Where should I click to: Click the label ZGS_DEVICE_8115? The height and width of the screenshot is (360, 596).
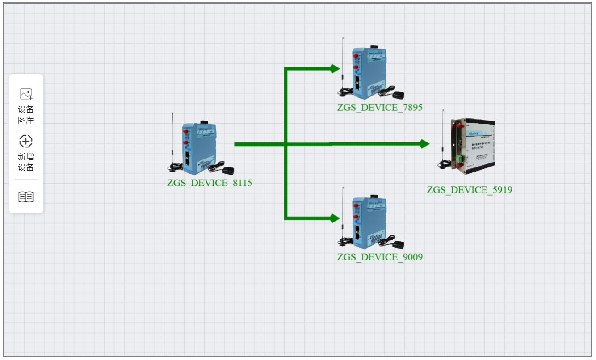point(210,183)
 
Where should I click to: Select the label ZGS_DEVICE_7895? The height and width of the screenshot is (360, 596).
point(380,107)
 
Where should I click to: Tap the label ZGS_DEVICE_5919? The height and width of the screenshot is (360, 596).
point(469,190)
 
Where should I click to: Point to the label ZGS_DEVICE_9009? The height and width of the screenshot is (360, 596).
point(380,257)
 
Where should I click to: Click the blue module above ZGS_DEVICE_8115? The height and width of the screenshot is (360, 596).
point(199,147)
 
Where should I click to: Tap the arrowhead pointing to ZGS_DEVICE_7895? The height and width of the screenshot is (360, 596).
point(335,68)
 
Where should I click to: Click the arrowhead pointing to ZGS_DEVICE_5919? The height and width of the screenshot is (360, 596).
point(424,144)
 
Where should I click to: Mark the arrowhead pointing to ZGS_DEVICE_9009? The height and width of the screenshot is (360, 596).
point(335,218)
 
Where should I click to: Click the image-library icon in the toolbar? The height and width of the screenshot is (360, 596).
point(26,94)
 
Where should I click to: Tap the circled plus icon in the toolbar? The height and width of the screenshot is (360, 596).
point(26,142)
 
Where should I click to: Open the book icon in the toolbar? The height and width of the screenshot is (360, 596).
point(26,197)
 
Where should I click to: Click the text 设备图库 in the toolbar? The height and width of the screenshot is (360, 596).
point(26,115)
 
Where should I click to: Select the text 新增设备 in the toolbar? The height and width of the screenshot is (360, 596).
point(26,162)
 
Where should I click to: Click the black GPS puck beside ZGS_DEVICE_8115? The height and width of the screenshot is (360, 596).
point(228,170)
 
